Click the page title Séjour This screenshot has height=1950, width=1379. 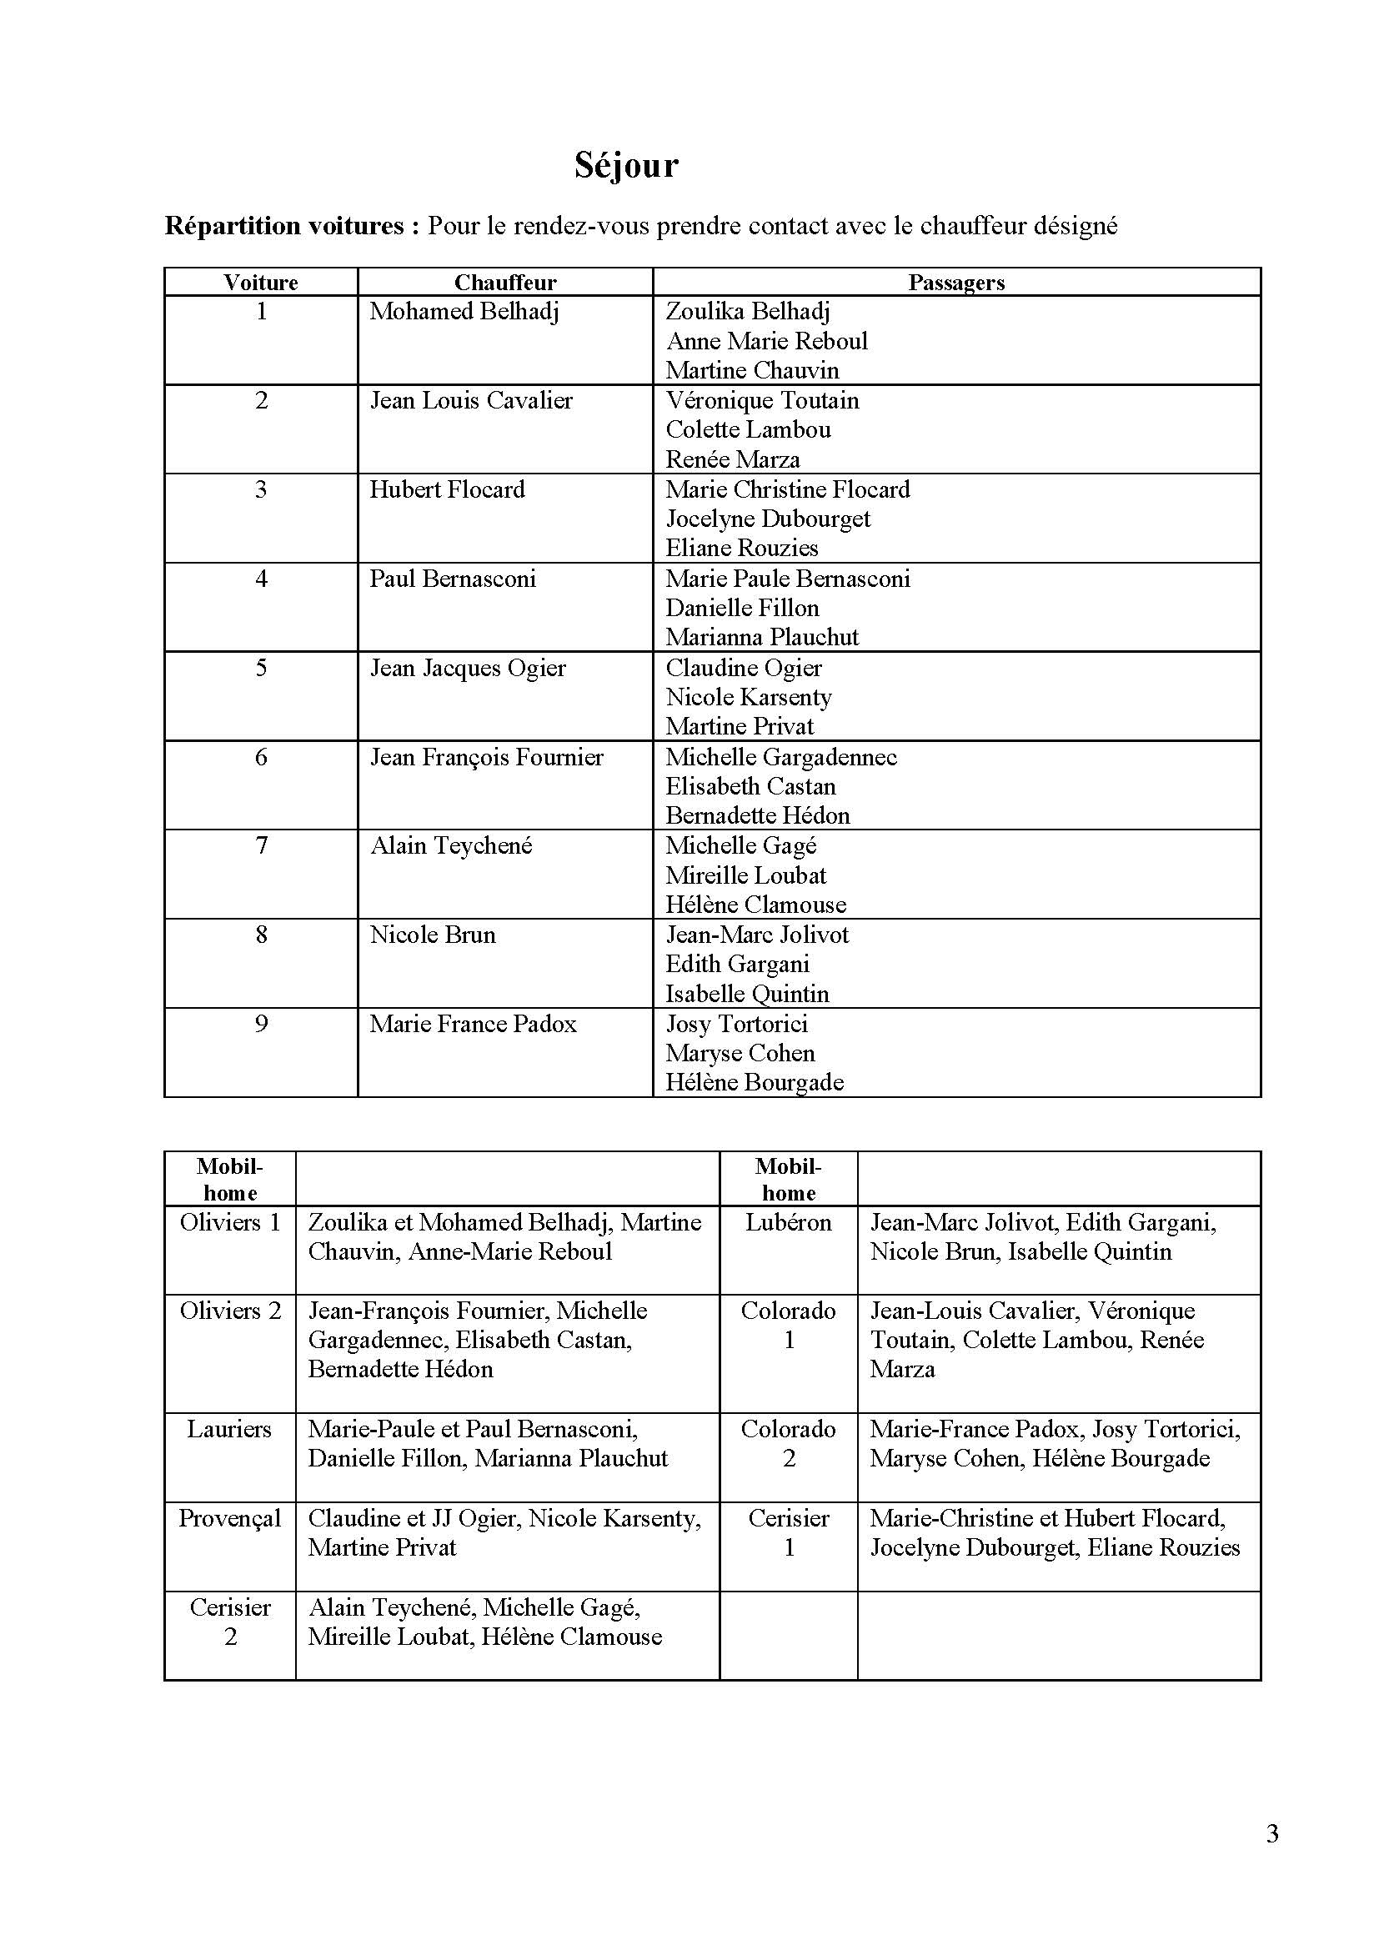click(x=626, y=166)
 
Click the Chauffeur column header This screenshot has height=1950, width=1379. click(x=505, y=283)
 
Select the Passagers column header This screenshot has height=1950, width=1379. click(x=956, y=283)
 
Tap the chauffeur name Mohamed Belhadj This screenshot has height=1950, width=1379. click(x=464, y=312)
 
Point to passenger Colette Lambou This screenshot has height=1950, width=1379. click(x=747, y=429)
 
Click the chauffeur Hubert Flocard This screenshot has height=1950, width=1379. click(x=448, y=489)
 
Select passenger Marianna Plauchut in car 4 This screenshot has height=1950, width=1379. click(x=762, y=637)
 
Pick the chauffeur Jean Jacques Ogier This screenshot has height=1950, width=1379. click(x=468, y=668)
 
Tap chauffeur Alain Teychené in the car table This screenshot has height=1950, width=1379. click(x=451, y=846)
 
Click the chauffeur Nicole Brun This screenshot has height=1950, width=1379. click(x=432, y=935)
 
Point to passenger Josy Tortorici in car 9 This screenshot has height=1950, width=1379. click(x=736, y=1025)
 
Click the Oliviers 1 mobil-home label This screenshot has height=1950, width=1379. click(x=230, y=1222)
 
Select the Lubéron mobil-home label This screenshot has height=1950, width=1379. click(x=788, y=1222)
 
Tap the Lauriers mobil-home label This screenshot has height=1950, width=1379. click(x=229, y=1429)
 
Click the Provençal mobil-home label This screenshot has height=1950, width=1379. click(x=229, y=1517)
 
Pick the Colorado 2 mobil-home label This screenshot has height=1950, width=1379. click(x=788, y=1444)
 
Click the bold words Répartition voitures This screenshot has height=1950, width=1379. click(x=284, y=226)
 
